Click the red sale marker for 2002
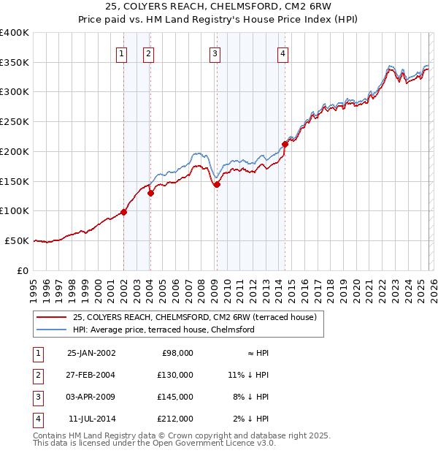(x=124, y=212)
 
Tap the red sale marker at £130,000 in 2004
(x=150, y=194)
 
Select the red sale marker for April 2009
(x=217, y=184)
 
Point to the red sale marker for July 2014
(x=285, y=144)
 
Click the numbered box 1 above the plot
(x=121, y=53)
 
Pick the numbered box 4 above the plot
(x=283, y=53)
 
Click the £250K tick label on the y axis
(x=15, y=122)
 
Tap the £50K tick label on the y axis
(x=18, y=240)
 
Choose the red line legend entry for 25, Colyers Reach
(x=194, y=318)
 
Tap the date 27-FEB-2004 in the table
(x=91, y=375)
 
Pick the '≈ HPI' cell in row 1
(x=256, y=353)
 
